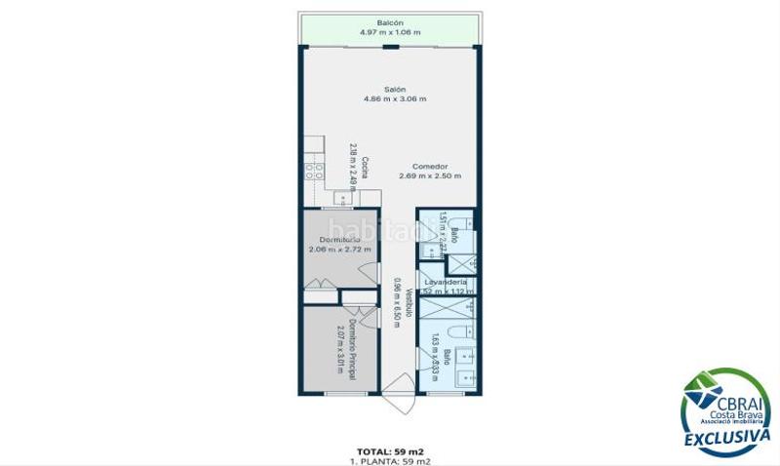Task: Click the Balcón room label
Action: coord(390,22)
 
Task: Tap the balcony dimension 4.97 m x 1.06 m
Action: coord(390,32)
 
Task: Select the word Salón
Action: coord(394,90)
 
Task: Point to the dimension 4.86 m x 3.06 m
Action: coord(394,99)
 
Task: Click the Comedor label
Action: coord(429,166)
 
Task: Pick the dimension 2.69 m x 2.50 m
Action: coord(429,176)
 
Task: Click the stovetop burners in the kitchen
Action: coord(315,170)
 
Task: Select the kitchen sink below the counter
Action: coord(343,198)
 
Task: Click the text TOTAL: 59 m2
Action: coord(391,451)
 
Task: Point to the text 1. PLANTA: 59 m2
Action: coord(391,460)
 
